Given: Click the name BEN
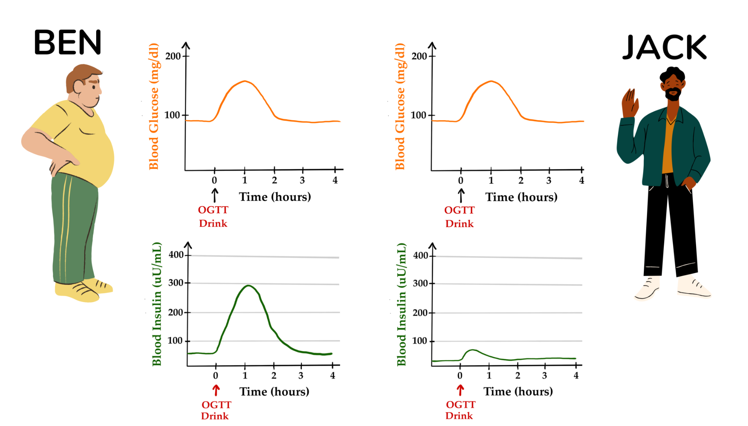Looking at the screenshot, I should point(67,42).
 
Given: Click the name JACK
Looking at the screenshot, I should point(665,48).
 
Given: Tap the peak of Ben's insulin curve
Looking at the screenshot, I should point(248,286).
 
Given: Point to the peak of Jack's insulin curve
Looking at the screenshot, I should point(473,350).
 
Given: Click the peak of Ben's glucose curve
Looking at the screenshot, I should point(245,81).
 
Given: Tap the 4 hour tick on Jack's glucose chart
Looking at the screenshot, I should point(582,170).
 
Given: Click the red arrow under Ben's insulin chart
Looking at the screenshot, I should point(216,390).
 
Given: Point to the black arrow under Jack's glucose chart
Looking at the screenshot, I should point(461,195).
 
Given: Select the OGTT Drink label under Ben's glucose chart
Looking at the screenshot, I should point(213,217).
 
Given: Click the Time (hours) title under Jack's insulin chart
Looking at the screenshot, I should point(518,392).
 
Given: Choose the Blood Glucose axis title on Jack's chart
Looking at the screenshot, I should point(400,106).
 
